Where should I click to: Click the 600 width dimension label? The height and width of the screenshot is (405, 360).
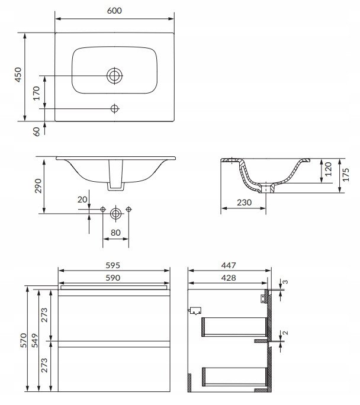click(x=114, y=11)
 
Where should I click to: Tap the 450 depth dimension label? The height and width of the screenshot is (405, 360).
click(x=18, y=75)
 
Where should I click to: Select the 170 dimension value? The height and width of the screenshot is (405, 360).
click(x=37, y=93)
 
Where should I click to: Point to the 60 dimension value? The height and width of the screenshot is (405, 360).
click(x=37, y=131)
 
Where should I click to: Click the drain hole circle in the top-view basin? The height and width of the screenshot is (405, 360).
click(x=114, y=76)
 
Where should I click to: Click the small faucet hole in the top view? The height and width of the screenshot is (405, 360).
click(x=115, y=108)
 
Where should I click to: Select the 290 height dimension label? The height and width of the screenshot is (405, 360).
click(x=38, y=186)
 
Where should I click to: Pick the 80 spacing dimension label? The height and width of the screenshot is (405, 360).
click(x=115, y=233)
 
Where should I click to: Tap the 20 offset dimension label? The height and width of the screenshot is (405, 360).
click(x=82, y=200)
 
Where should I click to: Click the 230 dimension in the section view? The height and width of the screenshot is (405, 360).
click(x=244, y=202)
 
